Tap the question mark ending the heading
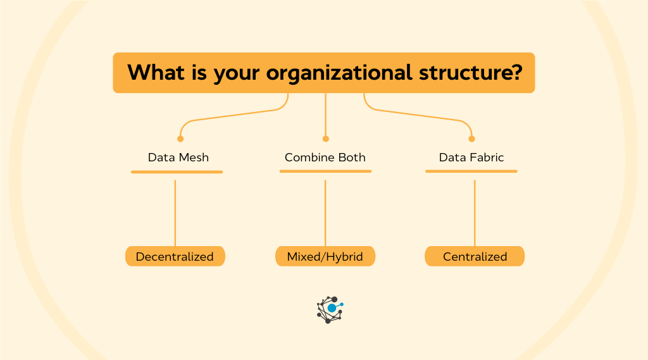514,72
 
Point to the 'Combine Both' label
325,158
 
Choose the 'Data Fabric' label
471,158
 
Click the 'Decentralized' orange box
175,256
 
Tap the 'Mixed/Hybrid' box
325,256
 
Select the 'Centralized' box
475,256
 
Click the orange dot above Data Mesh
180,139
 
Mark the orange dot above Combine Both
325,139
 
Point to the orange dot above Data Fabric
471,139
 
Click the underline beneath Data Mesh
177,171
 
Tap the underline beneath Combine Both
325,171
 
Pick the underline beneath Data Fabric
471,171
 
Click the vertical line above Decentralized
175,213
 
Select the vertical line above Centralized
475,213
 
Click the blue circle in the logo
332,308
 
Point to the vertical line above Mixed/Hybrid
325,213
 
